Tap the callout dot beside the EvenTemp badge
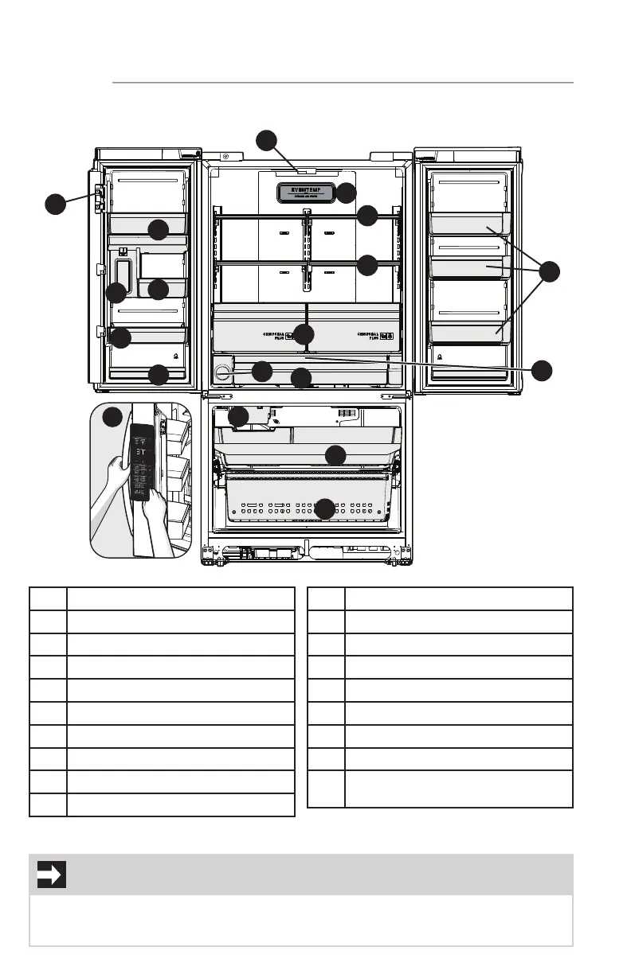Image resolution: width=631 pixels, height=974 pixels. click(x=347, y=193)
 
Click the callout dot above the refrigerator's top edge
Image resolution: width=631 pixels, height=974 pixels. click(x=267, y=142)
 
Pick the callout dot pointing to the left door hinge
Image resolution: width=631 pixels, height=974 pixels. click(x=55, y=204)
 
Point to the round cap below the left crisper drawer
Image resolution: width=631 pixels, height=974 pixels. click(x=223, y=371)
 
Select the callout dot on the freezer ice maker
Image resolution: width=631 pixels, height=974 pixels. click(x=239, y=416)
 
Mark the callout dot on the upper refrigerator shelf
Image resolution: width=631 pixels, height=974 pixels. click(x=367, y=216)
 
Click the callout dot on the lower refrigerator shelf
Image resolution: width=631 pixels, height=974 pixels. click(x=367, y=265)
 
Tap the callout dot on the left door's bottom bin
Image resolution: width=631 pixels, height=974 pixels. click(x=159, y=374)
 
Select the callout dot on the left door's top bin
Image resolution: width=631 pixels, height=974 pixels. click(x=159, y=230)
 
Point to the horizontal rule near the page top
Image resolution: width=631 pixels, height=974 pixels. click(x=343, y=82)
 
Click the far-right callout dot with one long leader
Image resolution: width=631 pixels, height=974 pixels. click(x=542, y=370)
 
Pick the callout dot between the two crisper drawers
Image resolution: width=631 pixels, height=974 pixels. click(x=304, y=334)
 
